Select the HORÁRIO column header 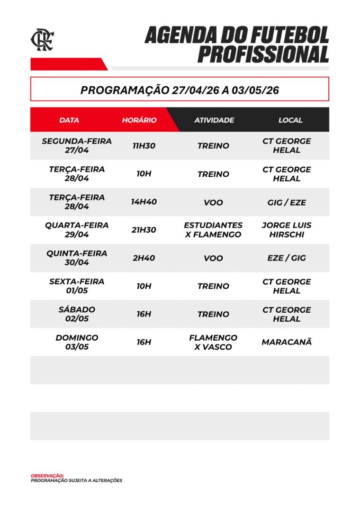(x=139, y=120)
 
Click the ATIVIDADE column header (x=214, y=120)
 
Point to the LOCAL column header (x=290, y=120)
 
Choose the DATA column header (x=69, y=120)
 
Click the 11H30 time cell (x=144, y=146)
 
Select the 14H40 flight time (x=144, y=202)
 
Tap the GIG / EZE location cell (x=287, y=202)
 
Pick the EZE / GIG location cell (x=287, y=258)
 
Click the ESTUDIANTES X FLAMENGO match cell (x=213, y=230)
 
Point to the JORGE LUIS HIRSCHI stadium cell (x=287, y=230)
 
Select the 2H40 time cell (x=144, y=258)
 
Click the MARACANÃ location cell (x=287, y=342)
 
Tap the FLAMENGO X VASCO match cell (x=213, y=342)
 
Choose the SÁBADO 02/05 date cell (x=77, y=314)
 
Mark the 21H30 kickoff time (x=144, y=230)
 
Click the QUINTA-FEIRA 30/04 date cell (x=77, y=258)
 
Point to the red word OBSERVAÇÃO (x=47, y=475)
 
